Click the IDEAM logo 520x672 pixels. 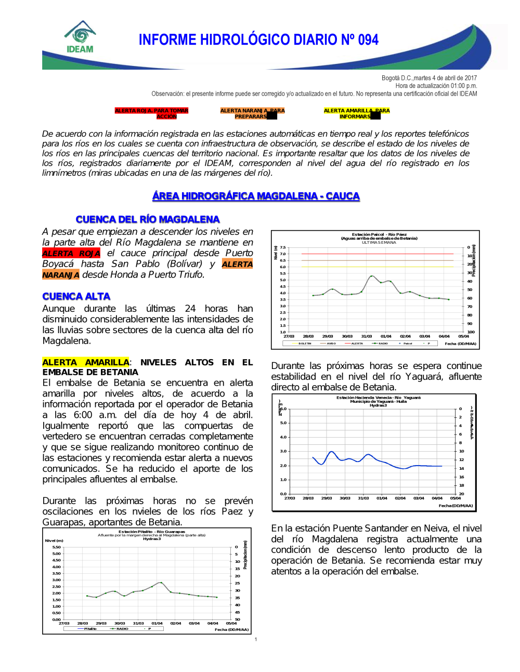coord(80,37)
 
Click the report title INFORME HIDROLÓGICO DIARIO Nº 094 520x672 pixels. coord(258,40)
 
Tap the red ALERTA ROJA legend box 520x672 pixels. coord(151,113)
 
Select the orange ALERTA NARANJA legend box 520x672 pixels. coord(252,113)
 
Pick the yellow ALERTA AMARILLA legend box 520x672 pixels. coord(356,113)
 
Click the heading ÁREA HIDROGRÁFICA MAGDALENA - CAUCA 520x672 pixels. coord(256,196)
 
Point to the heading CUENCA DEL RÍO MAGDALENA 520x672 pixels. coord(148,219)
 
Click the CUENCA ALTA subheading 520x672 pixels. coord(76,296)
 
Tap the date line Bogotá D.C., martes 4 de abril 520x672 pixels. coord(429,78)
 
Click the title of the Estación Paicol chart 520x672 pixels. coord(379,236)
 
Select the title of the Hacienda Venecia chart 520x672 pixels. coord(378,400)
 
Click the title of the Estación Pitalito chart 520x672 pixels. coord(151,533)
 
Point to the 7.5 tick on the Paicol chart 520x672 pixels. coord(283,248)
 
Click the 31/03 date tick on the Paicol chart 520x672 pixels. coord(367,336)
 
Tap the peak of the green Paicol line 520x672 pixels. coord(371,276)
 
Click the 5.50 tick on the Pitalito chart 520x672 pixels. coord(56,547)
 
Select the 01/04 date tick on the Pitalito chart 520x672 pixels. coord(157,623)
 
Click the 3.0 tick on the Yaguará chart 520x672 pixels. coord(283,451)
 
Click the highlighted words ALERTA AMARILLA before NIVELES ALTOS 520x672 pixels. coord(86,362)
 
